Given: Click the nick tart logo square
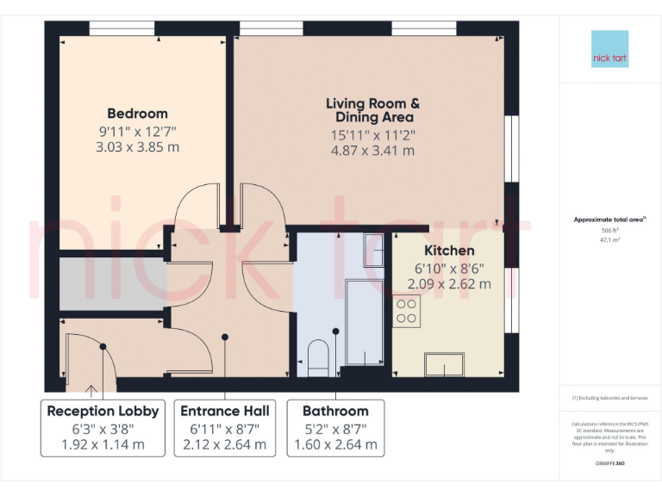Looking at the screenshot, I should click(610, 50).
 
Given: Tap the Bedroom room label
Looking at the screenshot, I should click(137, 114).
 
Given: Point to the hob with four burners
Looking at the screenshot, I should click(407, 310).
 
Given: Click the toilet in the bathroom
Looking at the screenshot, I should click(318, 356).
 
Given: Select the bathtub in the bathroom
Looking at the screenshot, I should click(364, 322).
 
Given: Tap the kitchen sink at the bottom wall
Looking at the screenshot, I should click(446, 365).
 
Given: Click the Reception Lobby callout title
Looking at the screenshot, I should click(103, 411).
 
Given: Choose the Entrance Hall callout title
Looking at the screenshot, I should click(225, 411).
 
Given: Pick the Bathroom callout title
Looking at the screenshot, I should click(335, 411).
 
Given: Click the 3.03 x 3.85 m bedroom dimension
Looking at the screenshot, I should click(138, 147).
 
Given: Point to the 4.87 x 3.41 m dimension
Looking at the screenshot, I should click(373, 150).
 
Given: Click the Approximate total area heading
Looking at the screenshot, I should click(609, 220).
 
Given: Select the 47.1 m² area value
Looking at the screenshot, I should click(609, 240).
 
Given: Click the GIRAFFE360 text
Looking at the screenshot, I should click(609, 464).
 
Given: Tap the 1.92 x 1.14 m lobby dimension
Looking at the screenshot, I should click(103, 445).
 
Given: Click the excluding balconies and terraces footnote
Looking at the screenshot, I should click(609, 398).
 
